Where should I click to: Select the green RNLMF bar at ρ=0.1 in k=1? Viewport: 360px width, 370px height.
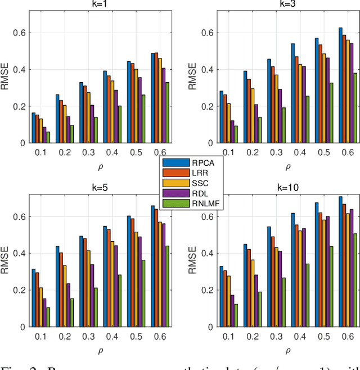click(x=48, y=137)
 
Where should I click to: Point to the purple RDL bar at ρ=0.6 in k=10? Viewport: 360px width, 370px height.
click(x=352, y=268)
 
